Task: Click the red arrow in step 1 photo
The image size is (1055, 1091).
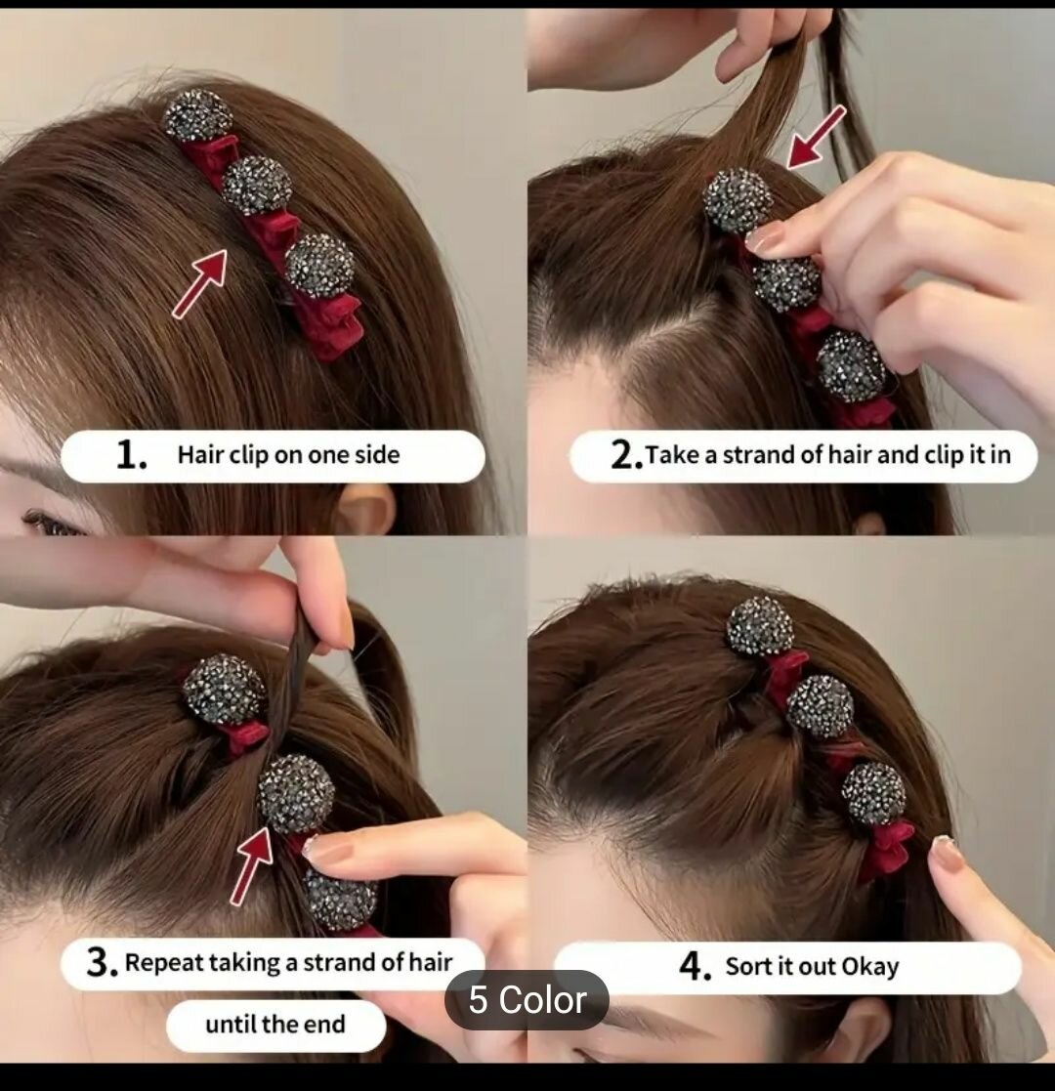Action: (199, 283)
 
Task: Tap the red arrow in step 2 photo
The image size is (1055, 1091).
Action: (816, 137)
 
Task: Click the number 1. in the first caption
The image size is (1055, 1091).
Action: (131, 455)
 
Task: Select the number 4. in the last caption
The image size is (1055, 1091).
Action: (696, 967)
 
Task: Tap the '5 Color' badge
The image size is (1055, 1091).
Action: (527, 999)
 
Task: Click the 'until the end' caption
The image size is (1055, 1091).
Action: (275, 1025)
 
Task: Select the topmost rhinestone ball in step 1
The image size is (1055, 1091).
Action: (198, 115)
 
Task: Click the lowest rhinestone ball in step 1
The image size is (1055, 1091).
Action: (320, 266)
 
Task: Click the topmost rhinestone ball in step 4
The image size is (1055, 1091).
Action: (760, 625)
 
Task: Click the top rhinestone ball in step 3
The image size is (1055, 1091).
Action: (224, 690)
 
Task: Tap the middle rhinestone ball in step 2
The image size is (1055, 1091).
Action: (787, 282)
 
